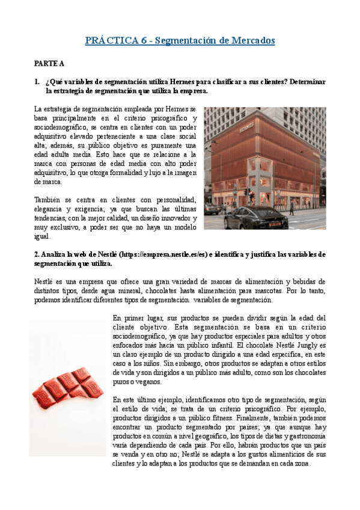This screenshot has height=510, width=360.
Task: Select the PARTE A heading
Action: point(49,63)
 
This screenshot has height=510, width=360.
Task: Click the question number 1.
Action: point(37,81)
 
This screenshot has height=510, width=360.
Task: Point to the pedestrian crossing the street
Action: point(292,207)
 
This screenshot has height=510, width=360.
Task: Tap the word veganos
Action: point(147,382)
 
